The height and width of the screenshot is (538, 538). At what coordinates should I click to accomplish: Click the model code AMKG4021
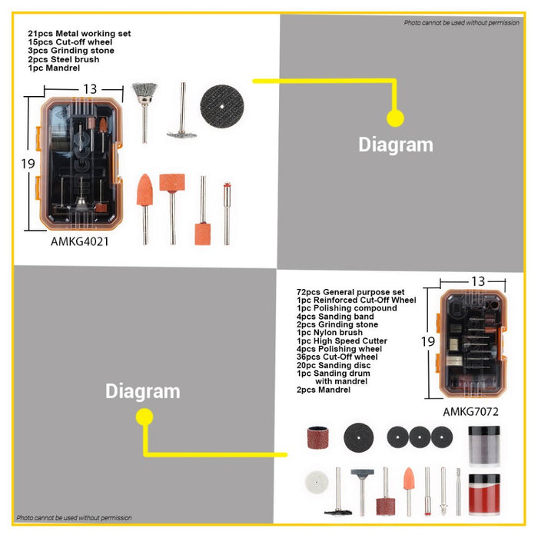(x=80, y=241)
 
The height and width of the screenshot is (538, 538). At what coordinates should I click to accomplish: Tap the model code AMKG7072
(x=470, y=411)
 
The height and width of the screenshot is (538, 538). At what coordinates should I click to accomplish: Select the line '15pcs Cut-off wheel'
(x=70, y=42)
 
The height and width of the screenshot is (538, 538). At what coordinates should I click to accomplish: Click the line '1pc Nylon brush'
(x=330, y=333)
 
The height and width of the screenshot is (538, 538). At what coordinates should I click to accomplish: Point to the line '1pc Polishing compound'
(x=347, y=308)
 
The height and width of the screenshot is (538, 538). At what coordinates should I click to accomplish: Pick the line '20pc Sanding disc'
(x=334, y=365)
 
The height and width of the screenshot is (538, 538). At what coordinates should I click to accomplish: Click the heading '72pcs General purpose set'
(x=350, y=292)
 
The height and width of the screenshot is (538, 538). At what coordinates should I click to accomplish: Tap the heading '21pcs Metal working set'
(x=79, y=34)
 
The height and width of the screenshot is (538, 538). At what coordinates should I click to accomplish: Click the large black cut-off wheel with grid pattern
(x=222, y=106)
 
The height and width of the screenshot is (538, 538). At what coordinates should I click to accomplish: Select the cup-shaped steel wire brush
(x=144, y=112)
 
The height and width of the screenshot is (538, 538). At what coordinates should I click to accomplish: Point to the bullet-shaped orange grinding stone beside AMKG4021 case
(x=144, y=208)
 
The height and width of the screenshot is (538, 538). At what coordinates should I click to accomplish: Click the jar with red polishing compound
(x=483, y=494)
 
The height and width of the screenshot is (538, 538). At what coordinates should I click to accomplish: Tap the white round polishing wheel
(x=317, y=482)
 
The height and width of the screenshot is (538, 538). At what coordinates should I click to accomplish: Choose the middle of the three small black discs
(x=420, y=437)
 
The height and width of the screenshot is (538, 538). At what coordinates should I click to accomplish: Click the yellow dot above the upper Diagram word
(x=395, y=118)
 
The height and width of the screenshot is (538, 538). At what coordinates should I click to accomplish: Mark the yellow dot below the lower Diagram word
(x=144, y=417)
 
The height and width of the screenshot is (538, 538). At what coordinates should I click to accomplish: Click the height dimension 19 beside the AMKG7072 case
(x=428, y=341)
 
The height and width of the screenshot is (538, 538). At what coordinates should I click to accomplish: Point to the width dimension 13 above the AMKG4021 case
(x=90, y=89)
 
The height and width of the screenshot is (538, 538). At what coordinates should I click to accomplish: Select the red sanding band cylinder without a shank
(x=317, y=438)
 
